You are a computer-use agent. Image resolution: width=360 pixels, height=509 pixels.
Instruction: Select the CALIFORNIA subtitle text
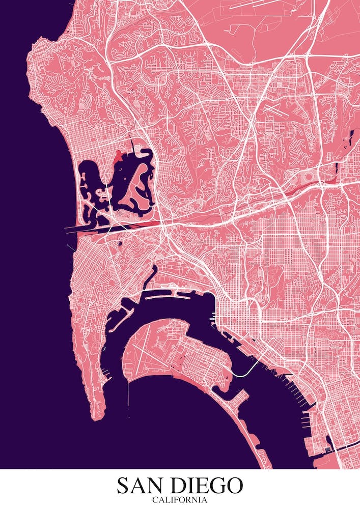(x=180, y=500)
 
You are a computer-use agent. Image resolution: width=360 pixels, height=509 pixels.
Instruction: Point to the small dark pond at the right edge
(x=351, y=137)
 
